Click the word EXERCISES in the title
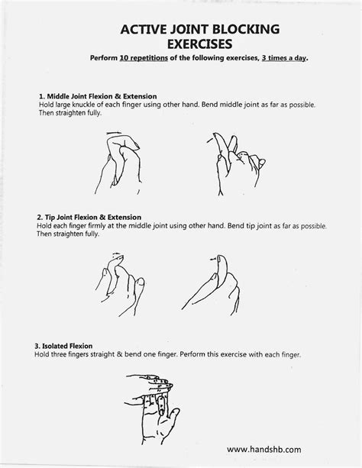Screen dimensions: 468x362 pyautogui.click(x=199, y=44)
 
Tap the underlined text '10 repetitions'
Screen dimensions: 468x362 pyautogui.click(x=142, y=59)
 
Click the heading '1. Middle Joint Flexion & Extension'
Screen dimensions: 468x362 pyautogui.click(x=97, y=96)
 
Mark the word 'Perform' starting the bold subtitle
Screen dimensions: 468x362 pyautogui.click(x=103, y=59)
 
